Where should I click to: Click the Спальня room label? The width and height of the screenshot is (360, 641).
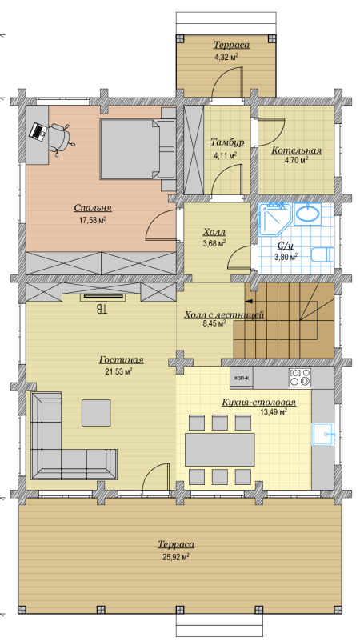[93, 208]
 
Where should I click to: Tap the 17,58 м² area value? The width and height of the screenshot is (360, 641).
[93, 220]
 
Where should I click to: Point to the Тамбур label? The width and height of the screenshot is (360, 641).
[227, 142]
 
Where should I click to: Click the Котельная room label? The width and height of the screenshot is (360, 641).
[296, 151]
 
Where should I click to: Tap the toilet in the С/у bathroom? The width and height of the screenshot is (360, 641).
[322, 255]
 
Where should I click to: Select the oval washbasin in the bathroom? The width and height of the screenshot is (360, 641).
[308, 214]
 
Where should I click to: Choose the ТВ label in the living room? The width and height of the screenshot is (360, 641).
[102, 308]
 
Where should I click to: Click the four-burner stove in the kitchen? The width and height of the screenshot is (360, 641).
[299, 378]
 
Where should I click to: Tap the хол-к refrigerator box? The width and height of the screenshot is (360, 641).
[242, 378]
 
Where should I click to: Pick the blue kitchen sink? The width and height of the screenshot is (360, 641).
[324, 434]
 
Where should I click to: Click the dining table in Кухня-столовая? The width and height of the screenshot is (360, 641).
[220, 449]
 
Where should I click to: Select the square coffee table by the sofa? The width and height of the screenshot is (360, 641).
[96, 413]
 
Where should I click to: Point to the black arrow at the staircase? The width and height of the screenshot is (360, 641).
[249, 302]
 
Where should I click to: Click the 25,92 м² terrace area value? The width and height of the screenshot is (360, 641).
[176, 557]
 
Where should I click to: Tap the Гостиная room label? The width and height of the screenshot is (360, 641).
[122, 360]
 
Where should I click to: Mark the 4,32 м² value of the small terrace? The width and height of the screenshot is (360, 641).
[226, 58]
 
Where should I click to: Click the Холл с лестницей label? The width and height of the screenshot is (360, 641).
[224, 315]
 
